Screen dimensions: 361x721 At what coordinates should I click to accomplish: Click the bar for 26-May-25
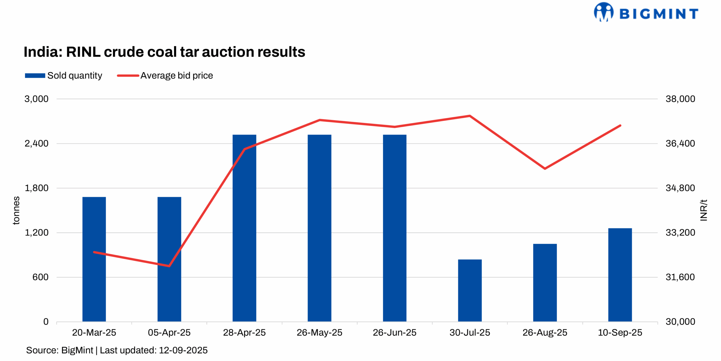319,228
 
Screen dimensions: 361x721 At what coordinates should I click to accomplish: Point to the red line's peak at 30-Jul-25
469,116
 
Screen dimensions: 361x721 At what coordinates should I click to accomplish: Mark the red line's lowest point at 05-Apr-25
169,266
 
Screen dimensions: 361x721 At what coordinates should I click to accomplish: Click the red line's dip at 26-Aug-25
545,169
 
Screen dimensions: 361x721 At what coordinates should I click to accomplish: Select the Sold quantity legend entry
63,76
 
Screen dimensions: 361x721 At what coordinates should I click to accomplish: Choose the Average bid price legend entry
165,76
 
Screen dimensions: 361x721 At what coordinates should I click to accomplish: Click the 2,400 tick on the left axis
36,143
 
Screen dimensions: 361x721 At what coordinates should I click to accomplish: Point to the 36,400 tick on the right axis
680,143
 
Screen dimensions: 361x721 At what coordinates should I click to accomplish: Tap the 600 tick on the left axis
40,277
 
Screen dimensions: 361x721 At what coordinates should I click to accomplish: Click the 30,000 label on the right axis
680,322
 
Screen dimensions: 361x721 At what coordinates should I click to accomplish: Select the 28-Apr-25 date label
244,333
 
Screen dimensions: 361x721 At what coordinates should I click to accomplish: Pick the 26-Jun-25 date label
394,333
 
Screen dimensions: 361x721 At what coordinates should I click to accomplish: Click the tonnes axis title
16,210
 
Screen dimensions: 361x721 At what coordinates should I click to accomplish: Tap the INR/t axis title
703,210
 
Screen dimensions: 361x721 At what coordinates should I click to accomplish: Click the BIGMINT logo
646,13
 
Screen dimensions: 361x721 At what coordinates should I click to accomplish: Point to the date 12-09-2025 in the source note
183,350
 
